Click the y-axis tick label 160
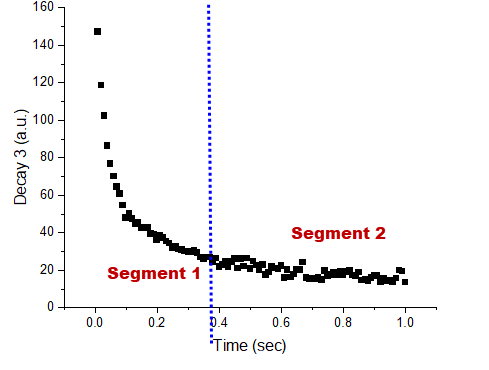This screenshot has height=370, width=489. [45, 8]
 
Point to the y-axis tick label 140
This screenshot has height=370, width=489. [45, 45]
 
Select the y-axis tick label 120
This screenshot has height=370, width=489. [45, 83]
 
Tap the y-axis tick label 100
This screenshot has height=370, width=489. [45, 120]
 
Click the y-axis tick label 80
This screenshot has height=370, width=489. [48, 158]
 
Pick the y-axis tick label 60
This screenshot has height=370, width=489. [48, 195]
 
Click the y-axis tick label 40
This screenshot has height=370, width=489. [48, 232]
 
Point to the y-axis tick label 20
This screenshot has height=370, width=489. [48, 270]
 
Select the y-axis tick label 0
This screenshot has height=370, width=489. [51, 307]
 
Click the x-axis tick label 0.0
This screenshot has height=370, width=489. [94, 323]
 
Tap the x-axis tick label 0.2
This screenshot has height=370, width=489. [156, 323]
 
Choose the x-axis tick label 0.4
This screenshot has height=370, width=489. [219, 323]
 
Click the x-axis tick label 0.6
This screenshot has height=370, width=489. [281, 323]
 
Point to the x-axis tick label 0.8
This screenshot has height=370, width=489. [343, 323]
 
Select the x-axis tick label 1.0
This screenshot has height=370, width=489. [405, 323]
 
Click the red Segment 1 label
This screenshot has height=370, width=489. [153, 273]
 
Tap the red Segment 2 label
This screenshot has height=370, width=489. [338, 233]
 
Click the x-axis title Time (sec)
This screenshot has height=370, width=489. [250, 346]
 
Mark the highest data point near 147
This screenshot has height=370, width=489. [97, 32]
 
